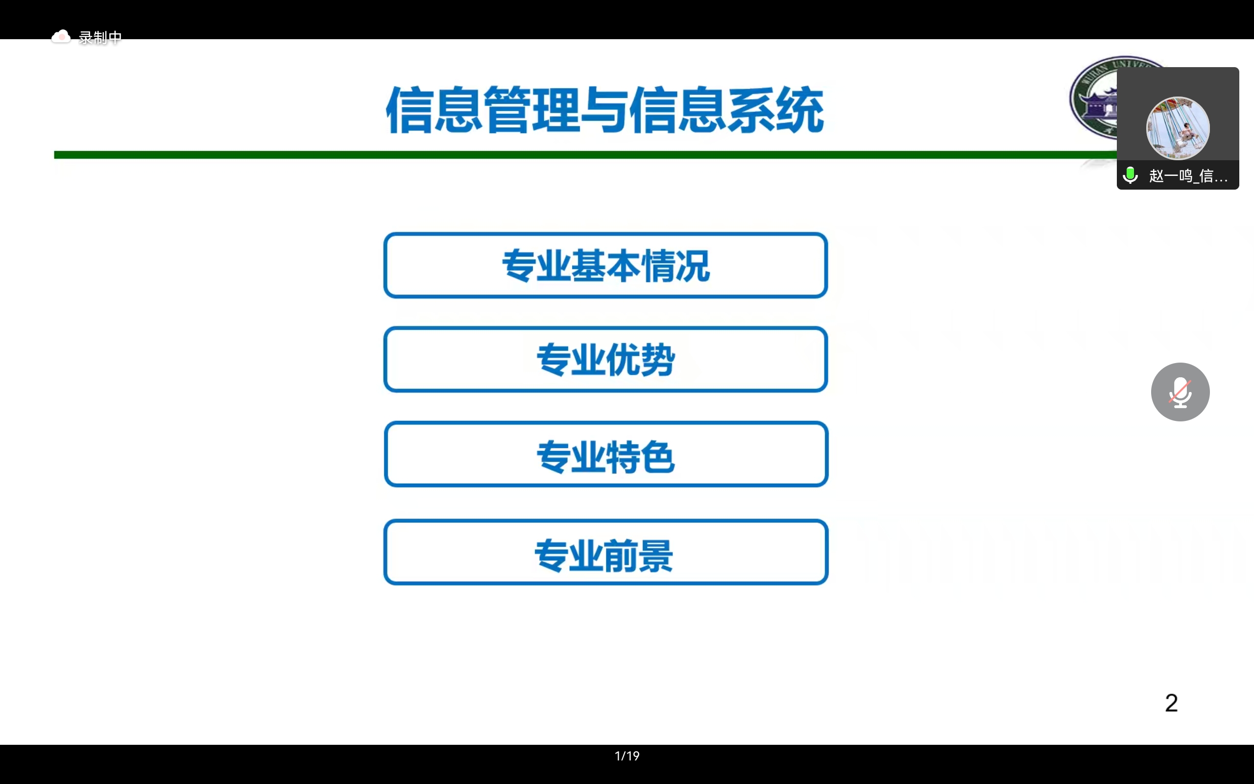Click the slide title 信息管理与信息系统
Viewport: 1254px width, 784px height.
[605, 110]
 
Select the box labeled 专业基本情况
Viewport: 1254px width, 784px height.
[605, 266]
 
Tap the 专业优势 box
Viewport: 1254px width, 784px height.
[605, 359]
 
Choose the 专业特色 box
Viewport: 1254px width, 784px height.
[606, 454]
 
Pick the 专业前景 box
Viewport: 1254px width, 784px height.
[606, 552]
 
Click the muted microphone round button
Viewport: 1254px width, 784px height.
[1181, 392]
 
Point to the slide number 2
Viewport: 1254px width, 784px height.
[1171, 703]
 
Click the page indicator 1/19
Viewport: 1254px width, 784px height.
[627, 756]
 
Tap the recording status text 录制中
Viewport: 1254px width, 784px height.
[100, 38]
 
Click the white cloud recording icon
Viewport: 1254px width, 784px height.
[61, 36]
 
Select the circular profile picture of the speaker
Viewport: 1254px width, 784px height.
[1178, 128]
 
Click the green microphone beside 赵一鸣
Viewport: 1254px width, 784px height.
[1130, 175]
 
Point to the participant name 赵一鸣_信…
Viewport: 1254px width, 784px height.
[1188, 176]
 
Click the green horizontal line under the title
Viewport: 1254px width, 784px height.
[585, 155]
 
